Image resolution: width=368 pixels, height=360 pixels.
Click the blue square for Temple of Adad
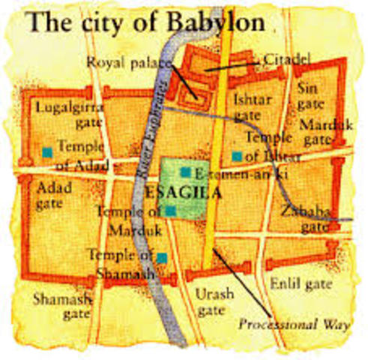(47, 151)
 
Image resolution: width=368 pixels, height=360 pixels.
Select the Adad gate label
(54, 194)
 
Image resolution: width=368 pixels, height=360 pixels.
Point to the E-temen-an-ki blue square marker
(184, 172)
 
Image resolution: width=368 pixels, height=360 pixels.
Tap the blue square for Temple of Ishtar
(236, 156)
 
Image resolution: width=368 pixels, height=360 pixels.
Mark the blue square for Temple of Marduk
(171, 211)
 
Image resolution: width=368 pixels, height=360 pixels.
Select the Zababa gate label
(304, 219)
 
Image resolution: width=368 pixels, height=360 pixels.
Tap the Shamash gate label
(63, 306)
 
